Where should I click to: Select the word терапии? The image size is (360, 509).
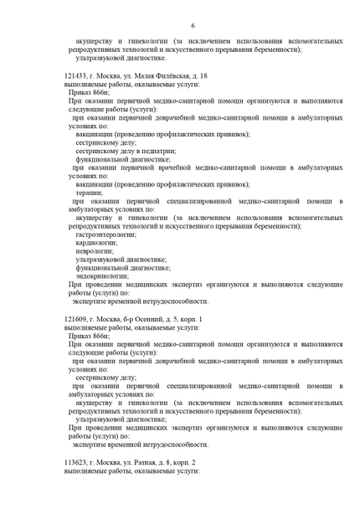pos(87,192)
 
